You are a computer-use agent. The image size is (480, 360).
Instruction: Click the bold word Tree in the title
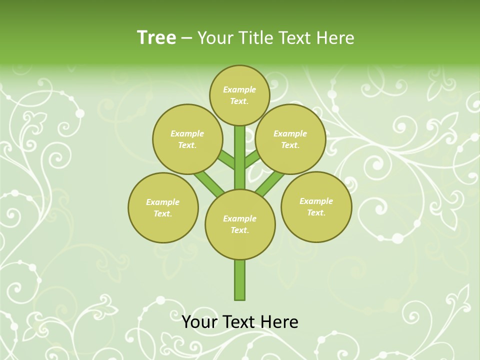point(156,37)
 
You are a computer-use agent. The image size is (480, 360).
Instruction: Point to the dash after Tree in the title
point(186,38)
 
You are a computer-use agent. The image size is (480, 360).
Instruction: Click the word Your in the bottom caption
point(199,322)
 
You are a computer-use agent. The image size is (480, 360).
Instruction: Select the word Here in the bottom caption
point(278,322)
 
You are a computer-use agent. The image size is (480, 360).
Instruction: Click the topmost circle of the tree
point(239,95)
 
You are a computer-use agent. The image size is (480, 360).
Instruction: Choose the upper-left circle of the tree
point(187,139)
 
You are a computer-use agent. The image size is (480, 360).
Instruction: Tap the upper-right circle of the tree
point(290,139)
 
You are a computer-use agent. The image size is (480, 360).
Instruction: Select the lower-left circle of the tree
point(163,207)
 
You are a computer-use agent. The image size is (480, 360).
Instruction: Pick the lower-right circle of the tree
point(316,206)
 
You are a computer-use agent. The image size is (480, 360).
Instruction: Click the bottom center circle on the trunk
point(240,224)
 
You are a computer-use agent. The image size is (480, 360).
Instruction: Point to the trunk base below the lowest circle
point(240,280)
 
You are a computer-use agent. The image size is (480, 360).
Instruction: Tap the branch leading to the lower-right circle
point(270,183)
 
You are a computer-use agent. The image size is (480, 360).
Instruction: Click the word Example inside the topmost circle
point(239,89)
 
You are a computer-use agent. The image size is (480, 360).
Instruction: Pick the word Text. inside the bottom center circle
point(239,230)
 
